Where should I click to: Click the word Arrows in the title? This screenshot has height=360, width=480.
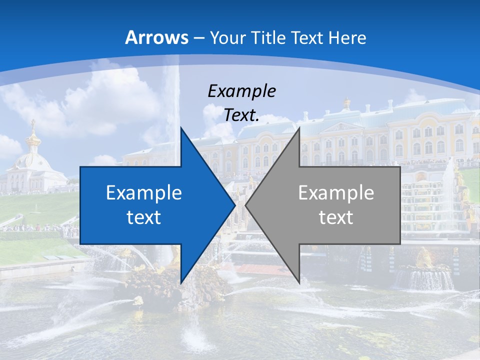(156, 37)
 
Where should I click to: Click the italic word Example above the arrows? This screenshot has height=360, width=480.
(241, 91)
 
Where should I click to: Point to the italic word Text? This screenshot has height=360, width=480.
(241, 115)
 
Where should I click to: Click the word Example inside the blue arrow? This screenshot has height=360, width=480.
(143, 193)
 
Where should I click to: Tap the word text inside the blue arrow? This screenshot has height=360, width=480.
(143, 217)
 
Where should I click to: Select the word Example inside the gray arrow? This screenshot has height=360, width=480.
(336, 193)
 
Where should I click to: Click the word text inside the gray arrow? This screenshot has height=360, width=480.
(336, 217)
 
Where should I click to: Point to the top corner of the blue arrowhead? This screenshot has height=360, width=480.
(181, 128)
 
